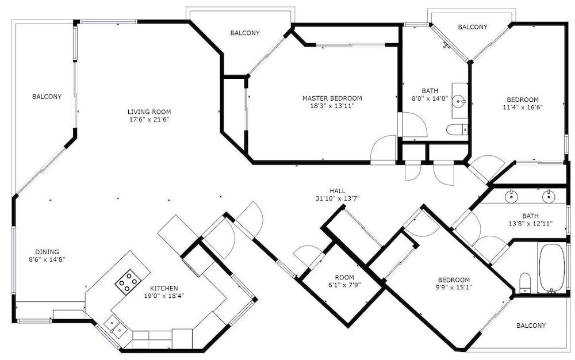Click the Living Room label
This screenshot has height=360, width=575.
tap(149, 112)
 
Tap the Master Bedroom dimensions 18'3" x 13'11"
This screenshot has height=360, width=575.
tap(332, 106)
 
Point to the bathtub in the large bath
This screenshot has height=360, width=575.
tap(552, 267)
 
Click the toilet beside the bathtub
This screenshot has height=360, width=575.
tap(525, 282)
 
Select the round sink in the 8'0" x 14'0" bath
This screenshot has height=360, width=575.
tap(459, 100)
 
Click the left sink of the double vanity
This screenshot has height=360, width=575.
tap(511, 197)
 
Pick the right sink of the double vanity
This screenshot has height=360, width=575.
tap(549, 197)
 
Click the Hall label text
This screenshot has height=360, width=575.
tap(338, 190)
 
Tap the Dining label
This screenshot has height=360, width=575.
tap(47, 252)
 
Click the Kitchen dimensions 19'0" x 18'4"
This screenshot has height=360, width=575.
tap(164, 296)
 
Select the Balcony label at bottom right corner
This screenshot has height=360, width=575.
tap(531, 325)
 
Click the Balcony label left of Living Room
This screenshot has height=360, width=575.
tap(47, 97)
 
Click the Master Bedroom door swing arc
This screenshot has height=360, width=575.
tap(381, 142)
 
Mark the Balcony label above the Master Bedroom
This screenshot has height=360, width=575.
tap(245, 33)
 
